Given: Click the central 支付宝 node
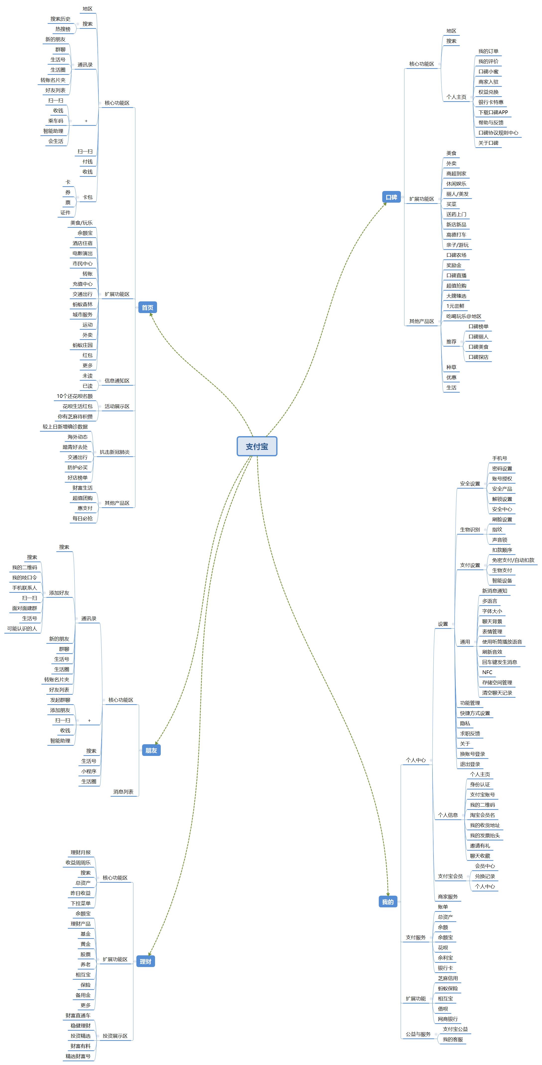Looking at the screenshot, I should click(257, 447).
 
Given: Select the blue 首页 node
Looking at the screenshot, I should click(147, 308).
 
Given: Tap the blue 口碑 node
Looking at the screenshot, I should click(391, 197).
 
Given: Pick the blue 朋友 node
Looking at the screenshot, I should click(151, 750).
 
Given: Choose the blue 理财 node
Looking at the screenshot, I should click(145, 962).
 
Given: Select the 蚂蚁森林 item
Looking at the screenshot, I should click(83, 305).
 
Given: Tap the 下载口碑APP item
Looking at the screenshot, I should click(493, 112).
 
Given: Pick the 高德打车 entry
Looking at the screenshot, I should click(456, 235).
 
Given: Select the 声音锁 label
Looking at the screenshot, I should click(499, 540).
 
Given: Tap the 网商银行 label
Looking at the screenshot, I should click(448, 1019).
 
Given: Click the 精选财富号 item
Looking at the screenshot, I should click(78, 1056).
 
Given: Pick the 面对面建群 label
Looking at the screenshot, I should click(24, 608).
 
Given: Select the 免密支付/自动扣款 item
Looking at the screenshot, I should click(513, 560).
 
